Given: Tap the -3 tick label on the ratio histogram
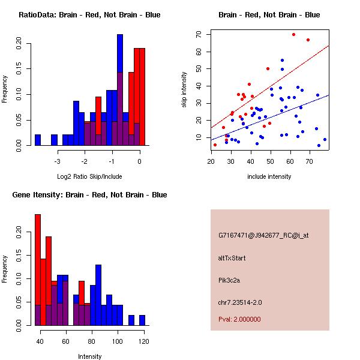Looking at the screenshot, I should (57, 161).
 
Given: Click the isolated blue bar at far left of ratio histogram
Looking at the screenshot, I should (38, 140).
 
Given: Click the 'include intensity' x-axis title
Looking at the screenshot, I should (269, 176).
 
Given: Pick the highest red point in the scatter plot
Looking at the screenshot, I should (293, 34).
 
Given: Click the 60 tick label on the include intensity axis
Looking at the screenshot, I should (290, 161).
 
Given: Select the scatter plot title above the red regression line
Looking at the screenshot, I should (269, 15).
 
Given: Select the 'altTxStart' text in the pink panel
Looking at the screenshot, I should (232, 258).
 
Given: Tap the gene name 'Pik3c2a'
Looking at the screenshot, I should (230, 280).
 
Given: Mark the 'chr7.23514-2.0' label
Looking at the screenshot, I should (240, 302).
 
